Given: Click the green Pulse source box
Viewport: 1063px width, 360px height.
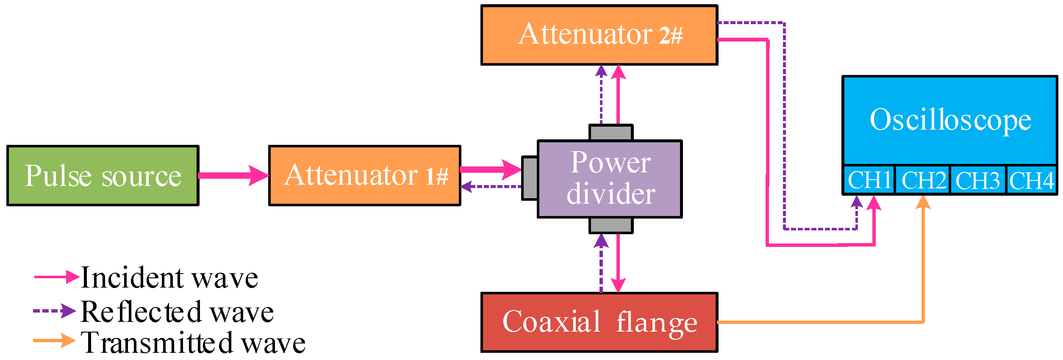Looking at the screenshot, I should pyautogui.click(x=103, y=176).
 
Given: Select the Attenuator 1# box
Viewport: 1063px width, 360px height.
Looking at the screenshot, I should pyautogui.click(x=365, y=176).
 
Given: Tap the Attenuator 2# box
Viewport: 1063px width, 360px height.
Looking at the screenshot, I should pyautogui.click(x=599, y=35).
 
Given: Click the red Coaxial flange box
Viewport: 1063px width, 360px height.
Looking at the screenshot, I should pyautogui.click(x=599, y=322).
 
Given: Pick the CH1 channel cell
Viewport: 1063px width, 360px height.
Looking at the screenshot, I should pyautogui.click(x=869, y=180).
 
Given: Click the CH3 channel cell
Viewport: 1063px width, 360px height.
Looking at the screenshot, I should pyautogui.click(x=977, y=180).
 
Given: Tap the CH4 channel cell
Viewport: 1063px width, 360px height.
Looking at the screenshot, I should pyautogui.click(x=1031, y=180).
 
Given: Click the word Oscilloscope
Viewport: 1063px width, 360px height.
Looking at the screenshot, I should pyautogui.click(x=950, y=120).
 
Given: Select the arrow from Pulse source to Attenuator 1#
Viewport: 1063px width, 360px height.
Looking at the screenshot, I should pyautogui.click(x=233, y=175).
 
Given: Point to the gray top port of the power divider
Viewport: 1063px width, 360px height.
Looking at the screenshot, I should pyautogui.click(x=611, y=133).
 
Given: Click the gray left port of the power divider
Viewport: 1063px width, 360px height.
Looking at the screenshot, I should pyautogui.click(x=530, y=178).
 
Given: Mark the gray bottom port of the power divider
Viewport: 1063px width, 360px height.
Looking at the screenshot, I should pyautogui.click(x=611, y=225).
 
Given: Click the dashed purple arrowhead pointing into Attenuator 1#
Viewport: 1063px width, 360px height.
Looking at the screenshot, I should pyautogui.click(x=466, y=186).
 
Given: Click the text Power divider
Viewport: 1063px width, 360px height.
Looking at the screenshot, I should pyautogui.click(x=611, y=178).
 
